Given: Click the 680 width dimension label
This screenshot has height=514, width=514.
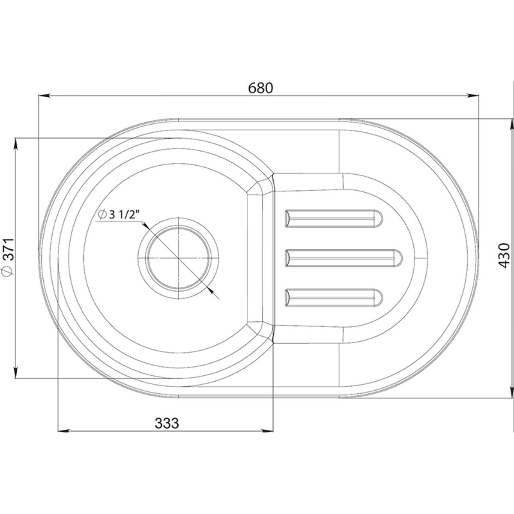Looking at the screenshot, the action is click(x=260, y=88).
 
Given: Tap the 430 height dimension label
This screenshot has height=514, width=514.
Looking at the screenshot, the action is click(x=504, y=255).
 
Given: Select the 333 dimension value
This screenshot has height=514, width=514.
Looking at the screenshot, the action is click(x=167, y=423).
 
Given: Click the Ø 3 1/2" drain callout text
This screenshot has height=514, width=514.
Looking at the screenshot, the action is click(x=119, y=215).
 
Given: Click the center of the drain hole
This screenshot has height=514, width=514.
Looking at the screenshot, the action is click(x=179, y=258).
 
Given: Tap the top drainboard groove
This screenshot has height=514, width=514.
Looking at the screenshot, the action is click(x=334, y=219).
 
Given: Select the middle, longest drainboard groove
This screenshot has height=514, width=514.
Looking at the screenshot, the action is click(x=344, y=258).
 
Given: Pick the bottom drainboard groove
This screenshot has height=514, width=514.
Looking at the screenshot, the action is click(x=334, y=298).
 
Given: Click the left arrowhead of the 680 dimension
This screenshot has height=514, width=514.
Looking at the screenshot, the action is click(x=45, y=96).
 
